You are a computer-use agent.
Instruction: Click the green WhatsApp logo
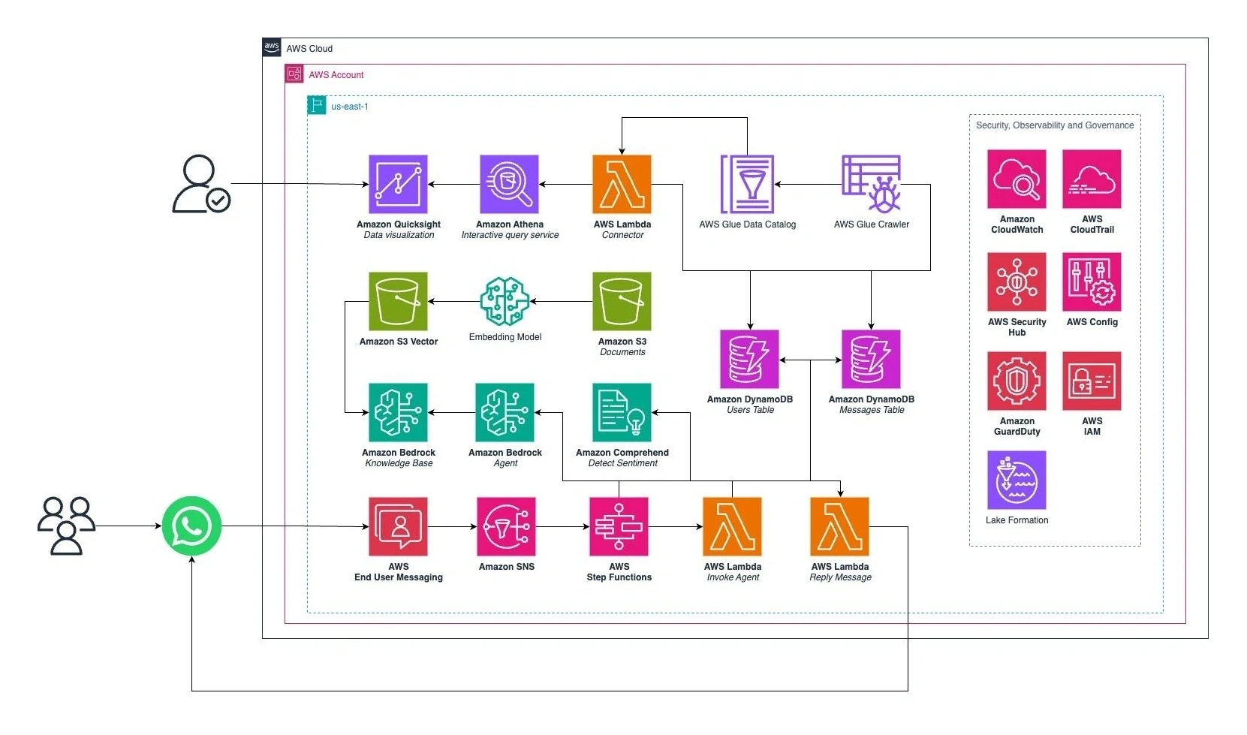(x=191, y=526)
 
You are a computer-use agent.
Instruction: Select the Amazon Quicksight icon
(x=398, y=184)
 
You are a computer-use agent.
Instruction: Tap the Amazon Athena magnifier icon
(x=509, y=184)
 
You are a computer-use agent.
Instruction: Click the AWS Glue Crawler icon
(x=871, y=184)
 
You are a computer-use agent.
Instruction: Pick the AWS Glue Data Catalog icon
(x=747, y=184)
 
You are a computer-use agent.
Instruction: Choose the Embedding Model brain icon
(x=505, y=301)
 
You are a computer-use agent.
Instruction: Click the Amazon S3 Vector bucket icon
(x=398, y=301)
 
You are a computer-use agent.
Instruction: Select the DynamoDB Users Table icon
(x=749, y=359)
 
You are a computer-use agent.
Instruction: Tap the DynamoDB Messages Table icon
(x=871, y=359)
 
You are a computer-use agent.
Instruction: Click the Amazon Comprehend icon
(x=622, y=413)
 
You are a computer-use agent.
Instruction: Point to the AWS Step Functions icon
(x=619, y=527)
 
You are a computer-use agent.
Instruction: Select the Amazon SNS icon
(x=506, y=527)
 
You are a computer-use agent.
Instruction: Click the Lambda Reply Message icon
(x=839, y=527)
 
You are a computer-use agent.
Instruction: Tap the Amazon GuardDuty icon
(x=1017, y=381)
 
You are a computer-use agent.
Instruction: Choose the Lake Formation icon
(x=1017, y=480)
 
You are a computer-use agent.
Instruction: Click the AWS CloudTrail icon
(x=1092, y=179)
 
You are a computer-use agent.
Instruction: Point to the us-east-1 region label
(x=350, y=107)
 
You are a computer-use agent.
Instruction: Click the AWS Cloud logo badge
(x=272, y=47)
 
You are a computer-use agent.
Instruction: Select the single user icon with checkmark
(x=201, y=184)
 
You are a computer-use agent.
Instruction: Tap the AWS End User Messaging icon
(x=398, y=527)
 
